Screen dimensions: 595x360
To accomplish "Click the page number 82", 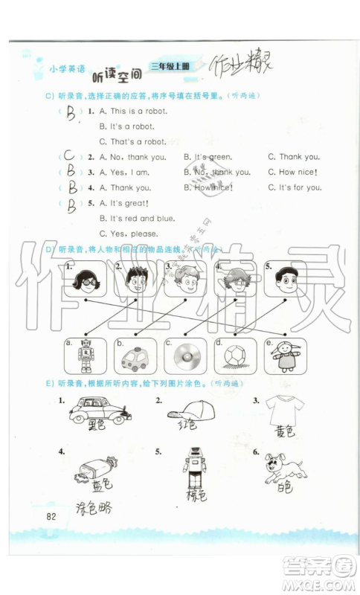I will pyautogui.click(x=51, y=517).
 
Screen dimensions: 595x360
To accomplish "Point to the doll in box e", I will pyautogui.click(x=283, y=356).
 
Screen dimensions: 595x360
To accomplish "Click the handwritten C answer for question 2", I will pyautogui.click(x=69, y=157).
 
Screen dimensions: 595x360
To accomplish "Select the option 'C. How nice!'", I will pyautogui.click(x=293, y=173).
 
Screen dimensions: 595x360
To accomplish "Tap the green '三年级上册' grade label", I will pyautogui.click(x=170, y=66).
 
